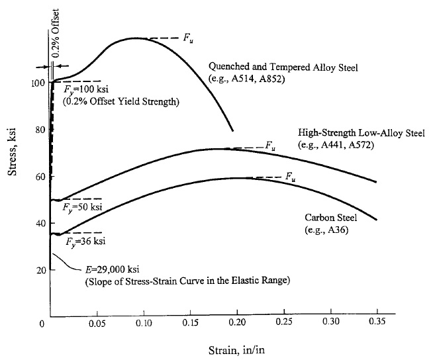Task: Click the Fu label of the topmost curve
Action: (x=189, y=38)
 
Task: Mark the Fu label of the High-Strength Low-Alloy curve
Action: (x=269, y=146)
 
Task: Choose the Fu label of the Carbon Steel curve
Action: (x=290, y=176)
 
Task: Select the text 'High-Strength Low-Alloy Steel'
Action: (x=362, y=134)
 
